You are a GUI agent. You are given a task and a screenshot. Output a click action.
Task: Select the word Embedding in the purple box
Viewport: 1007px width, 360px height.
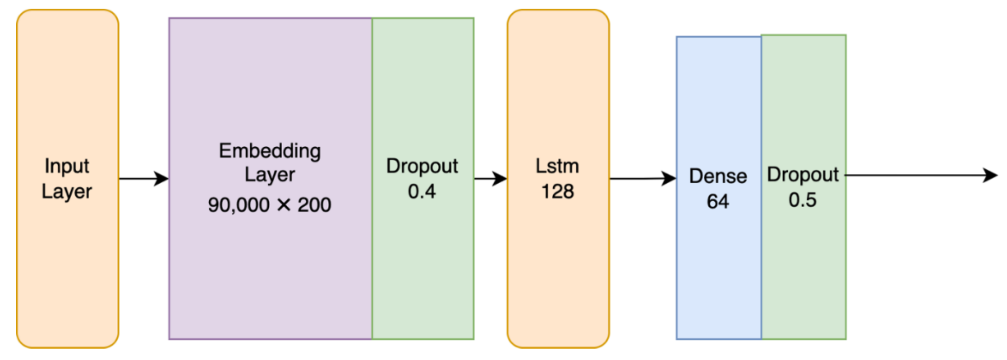click(x=270, y=151)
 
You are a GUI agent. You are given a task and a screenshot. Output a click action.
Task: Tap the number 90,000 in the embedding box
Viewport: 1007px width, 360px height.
click(x=239, y=205)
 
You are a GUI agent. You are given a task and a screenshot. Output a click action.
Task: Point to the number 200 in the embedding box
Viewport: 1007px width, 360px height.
click(x=314, y=205)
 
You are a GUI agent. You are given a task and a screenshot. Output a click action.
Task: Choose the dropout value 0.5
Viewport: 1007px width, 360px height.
click(x=802, y=200)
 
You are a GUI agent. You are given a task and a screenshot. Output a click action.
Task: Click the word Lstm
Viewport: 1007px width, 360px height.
click(x=557, y=166)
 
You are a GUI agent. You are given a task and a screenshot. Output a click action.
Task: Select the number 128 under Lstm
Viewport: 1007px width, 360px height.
click(x=557, y=192)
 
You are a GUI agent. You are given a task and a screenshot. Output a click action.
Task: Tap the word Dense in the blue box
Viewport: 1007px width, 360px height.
click(x=718, y=176)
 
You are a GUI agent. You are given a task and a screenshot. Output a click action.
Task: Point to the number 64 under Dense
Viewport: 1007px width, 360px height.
click(x=718, y=202)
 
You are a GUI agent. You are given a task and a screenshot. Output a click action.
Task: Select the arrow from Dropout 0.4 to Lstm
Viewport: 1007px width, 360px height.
click(x=490, y=179)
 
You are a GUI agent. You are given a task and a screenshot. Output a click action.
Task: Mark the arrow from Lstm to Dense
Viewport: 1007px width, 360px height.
click(x=642, y=179)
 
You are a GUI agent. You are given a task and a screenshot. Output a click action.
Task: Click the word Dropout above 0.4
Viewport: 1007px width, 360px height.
click(x=422, y=166)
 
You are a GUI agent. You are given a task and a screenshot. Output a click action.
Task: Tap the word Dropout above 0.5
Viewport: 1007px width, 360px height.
click(x=802, y=175)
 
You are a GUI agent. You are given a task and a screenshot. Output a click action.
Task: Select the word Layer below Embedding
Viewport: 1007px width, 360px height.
click(x=270, y=175)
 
